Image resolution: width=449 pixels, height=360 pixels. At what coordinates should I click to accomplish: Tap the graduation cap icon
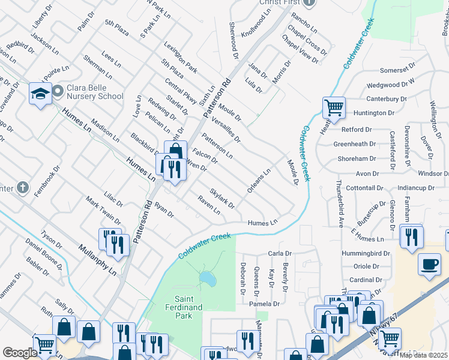coord(41,94)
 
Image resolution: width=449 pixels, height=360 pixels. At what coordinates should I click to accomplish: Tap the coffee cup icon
coord(429,264)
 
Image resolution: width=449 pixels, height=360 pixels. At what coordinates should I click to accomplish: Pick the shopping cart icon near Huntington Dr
coord(334,108)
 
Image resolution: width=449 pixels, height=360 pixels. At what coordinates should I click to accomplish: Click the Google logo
coord(20,353)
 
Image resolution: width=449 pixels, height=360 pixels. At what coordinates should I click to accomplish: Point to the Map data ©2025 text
coord(423,355)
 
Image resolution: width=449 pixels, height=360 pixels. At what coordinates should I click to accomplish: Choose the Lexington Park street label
coord(179,58)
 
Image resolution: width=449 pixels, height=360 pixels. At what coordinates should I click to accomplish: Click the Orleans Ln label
coord(259,181)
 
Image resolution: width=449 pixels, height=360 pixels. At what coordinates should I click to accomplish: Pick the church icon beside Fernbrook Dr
coord(22,188)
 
